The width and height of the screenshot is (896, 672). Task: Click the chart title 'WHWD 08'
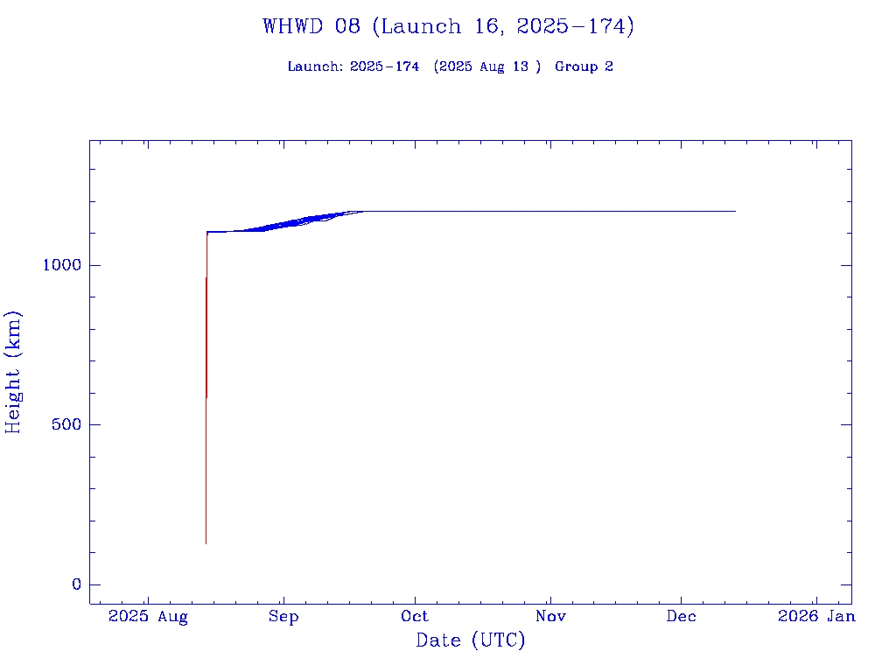pyautogui.click(x=311, y=26)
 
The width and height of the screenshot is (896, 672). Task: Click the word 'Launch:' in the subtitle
pyautogui.click(x=315, y=66)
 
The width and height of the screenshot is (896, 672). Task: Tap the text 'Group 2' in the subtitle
pyautogui.click(x=584, y=66)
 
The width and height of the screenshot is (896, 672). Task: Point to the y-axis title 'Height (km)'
pyautogui.click(x=13, y=372)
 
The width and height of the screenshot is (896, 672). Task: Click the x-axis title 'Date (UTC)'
pyautogui.click(x=471, y=640)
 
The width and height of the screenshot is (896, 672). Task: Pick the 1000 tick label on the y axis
pyautogui.click(x=60, y=265)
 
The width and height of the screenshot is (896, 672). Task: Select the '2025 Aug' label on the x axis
pyautogui.click(x=148, y=617)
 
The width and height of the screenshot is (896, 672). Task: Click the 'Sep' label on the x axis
pyautogui.click(x=283, y=617)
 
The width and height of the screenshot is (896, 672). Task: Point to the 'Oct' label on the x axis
pyautogui.click(x=415, y=617)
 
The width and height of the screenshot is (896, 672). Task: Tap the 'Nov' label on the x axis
pyautogui.click(x=551, y=617)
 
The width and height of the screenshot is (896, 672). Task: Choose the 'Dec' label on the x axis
pyautogui.click(x=682, y=617)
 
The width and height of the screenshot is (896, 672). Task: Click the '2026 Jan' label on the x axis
pyautogui.click(x=816, y=617)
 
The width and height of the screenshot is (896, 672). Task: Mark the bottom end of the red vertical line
pyautogui.click(x=206, y=543)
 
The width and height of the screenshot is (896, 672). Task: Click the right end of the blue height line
pyautogui.click(x=735, y=211)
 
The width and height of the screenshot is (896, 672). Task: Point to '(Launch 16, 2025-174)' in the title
pyautogui.click(x=503, y=26)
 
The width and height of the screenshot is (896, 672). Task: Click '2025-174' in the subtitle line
pyautogui.click(x=384, y=66)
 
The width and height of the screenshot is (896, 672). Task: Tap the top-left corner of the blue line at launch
pyautogui.click(x=207, y=232)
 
